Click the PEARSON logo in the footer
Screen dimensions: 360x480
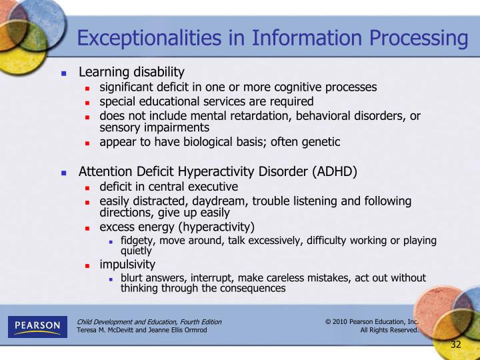click(37, 327)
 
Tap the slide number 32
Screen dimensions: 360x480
click(455, 344)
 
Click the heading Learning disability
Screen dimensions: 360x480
click(131, 71)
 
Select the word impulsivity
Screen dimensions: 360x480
click(127, 264)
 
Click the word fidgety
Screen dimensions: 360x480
click(137, 241)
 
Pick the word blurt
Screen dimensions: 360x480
click(132, 278)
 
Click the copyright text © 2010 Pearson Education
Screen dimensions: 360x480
click(371, 322)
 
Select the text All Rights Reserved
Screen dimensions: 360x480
click(389, 330)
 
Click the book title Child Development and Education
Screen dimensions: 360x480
click(131, 322)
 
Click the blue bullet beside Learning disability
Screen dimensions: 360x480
click(64, 72)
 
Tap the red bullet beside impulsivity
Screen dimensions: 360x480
click(87, 265)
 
